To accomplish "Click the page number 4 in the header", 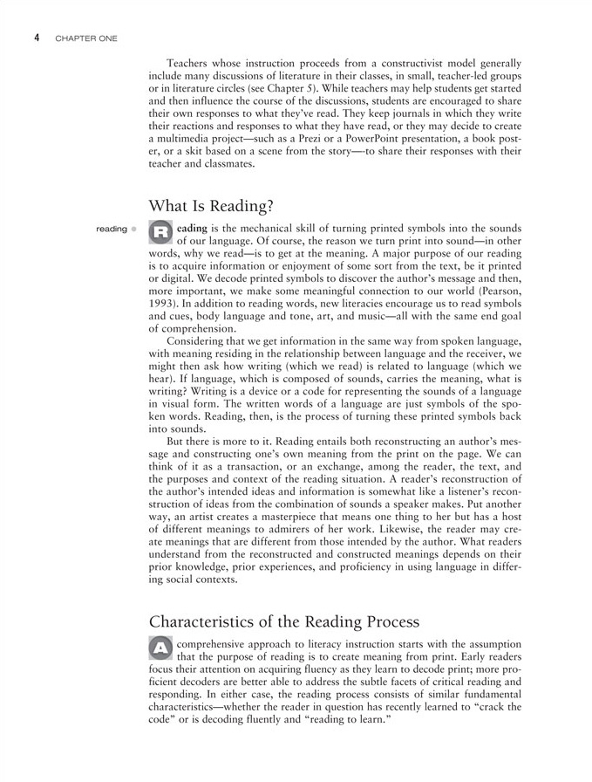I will coord(37,38).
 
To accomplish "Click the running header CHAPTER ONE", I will coord(85,39).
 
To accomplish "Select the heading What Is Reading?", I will coord(212,206).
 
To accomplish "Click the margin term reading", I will coord(112,230).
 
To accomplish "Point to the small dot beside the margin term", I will coord(134,230).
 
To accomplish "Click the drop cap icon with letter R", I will coord(160,231).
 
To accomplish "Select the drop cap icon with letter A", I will coord(160,647).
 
